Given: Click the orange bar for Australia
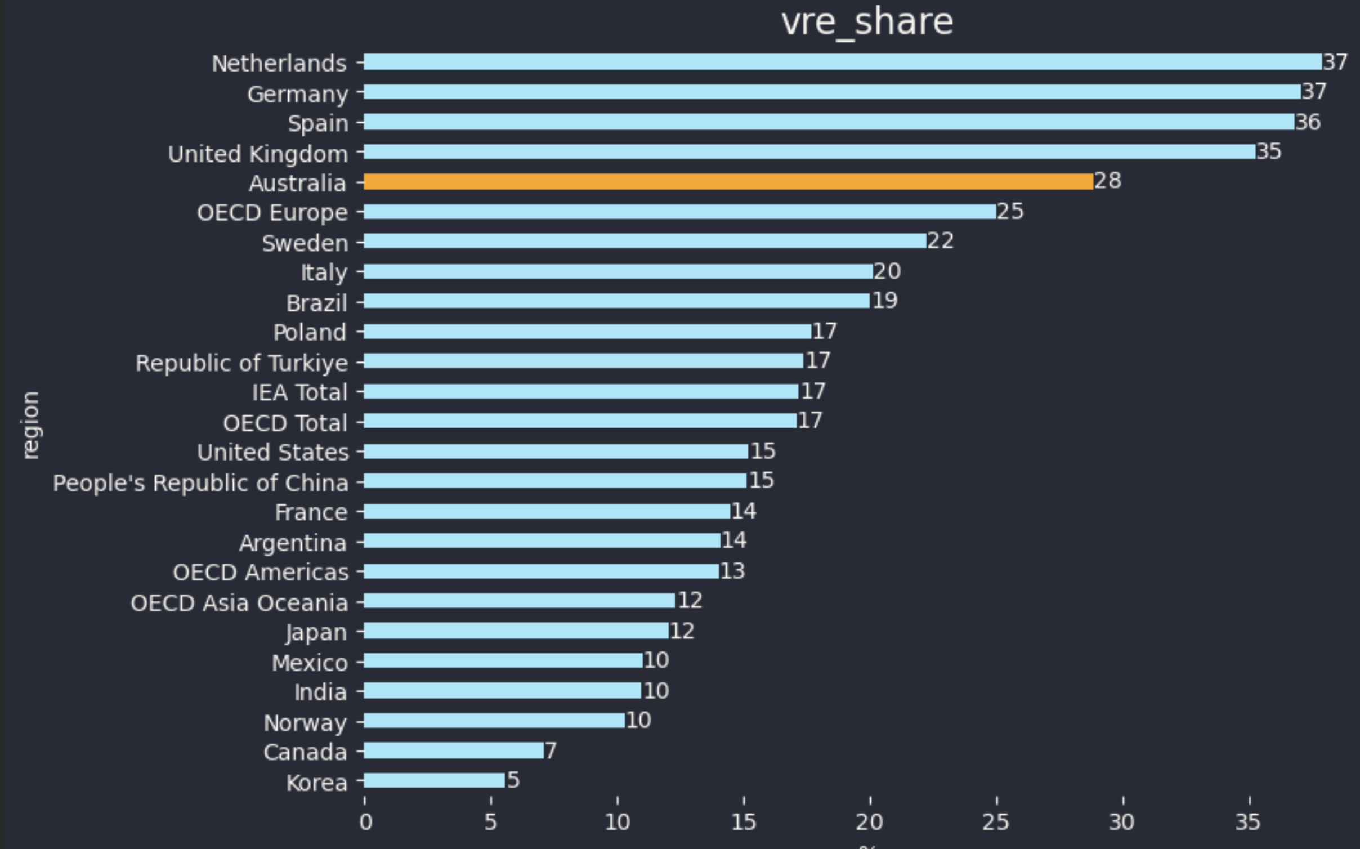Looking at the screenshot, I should [x=728, y=181].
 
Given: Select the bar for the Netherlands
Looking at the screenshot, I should [x=842, y=62].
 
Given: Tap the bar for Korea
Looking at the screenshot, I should [x=434, y=780].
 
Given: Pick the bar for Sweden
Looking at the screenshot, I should [x=645, y=241].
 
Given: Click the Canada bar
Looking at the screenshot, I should [x=454, y=750].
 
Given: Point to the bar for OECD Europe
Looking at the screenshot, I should [x=680, y=212].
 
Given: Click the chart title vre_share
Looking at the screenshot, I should [x=867, y=23].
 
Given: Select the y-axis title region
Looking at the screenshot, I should [x=30, y=425].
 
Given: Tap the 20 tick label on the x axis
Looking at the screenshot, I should [x=870, y=823].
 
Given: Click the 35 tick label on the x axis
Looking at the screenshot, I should [x=1248, y=823].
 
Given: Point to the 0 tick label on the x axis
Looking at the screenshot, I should [x=365, y=823].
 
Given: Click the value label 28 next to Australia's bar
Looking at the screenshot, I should [x=1107, y=181].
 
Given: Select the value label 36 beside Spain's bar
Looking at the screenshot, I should [x=1307, y=122].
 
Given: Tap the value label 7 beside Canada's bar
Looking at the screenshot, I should [x=551, y=750].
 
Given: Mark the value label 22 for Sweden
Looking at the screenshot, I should [x=940, y=241].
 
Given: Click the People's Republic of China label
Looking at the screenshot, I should [x=200, y=483].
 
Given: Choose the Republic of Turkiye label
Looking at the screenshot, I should [x=241, y=363].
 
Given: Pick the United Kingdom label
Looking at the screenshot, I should [x=258, y=154].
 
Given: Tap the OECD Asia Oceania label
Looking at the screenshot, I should [x=239, y=603].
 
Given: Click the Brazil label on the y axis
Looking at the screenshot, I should [x=316, y=303].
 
